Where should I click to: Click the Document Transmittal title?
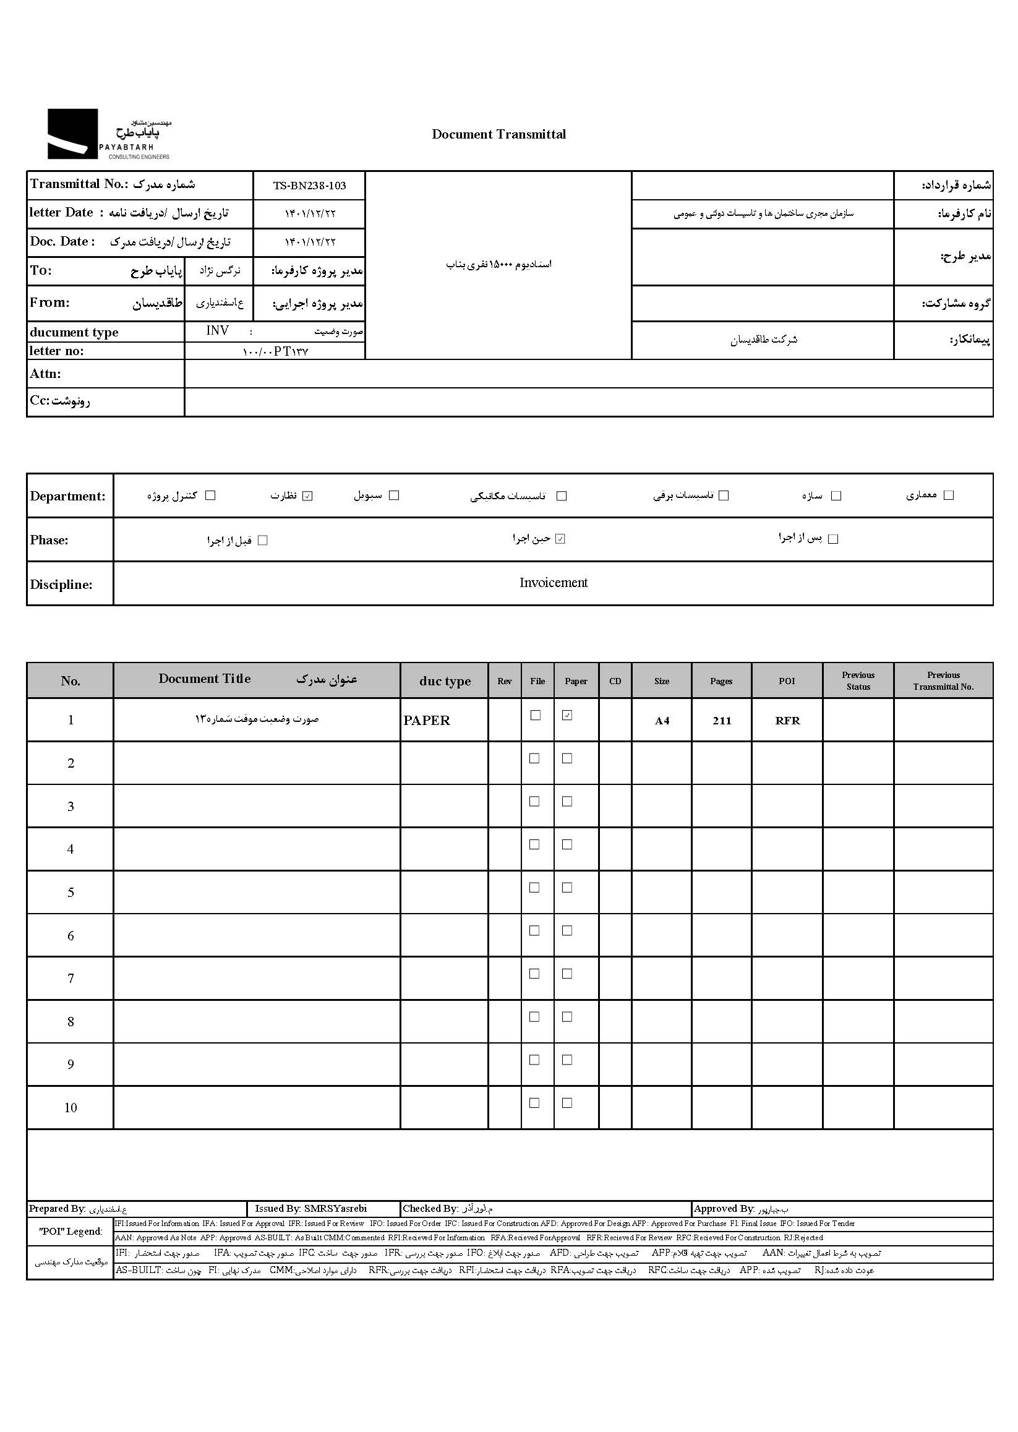pos(498,134)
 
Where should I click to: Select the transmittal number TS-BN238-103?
pos(309,186)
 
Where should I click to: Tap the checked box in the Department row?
pos(307,496)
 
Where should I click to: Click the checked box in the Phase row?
pos(560,539)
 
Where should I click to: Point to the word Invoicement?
pos(553,583)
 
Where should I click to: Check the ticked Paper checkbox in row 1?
pos(567,715)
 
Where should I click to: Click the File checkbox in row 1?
pos(536,715)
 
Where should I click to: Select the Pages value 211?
pos(722,721)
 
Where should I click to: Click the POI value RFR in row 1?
pos(787,721)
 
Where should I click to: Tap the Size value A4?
pos(662,721)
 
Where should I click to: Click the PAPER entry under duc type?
pos(427,721)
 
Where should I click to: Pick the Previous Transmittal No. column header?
pos(943,681)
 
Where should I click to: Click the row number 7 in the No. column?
pos(71,978)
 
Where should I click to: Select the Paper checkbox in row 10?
pos(567,1103)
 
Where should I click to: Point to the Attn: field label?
pos(46,374)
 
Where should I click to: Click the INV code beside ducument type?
pos(218,330)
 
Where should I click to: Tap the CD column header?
pos(615,682)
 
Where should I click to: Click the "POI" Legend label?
pos(71,1232)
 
